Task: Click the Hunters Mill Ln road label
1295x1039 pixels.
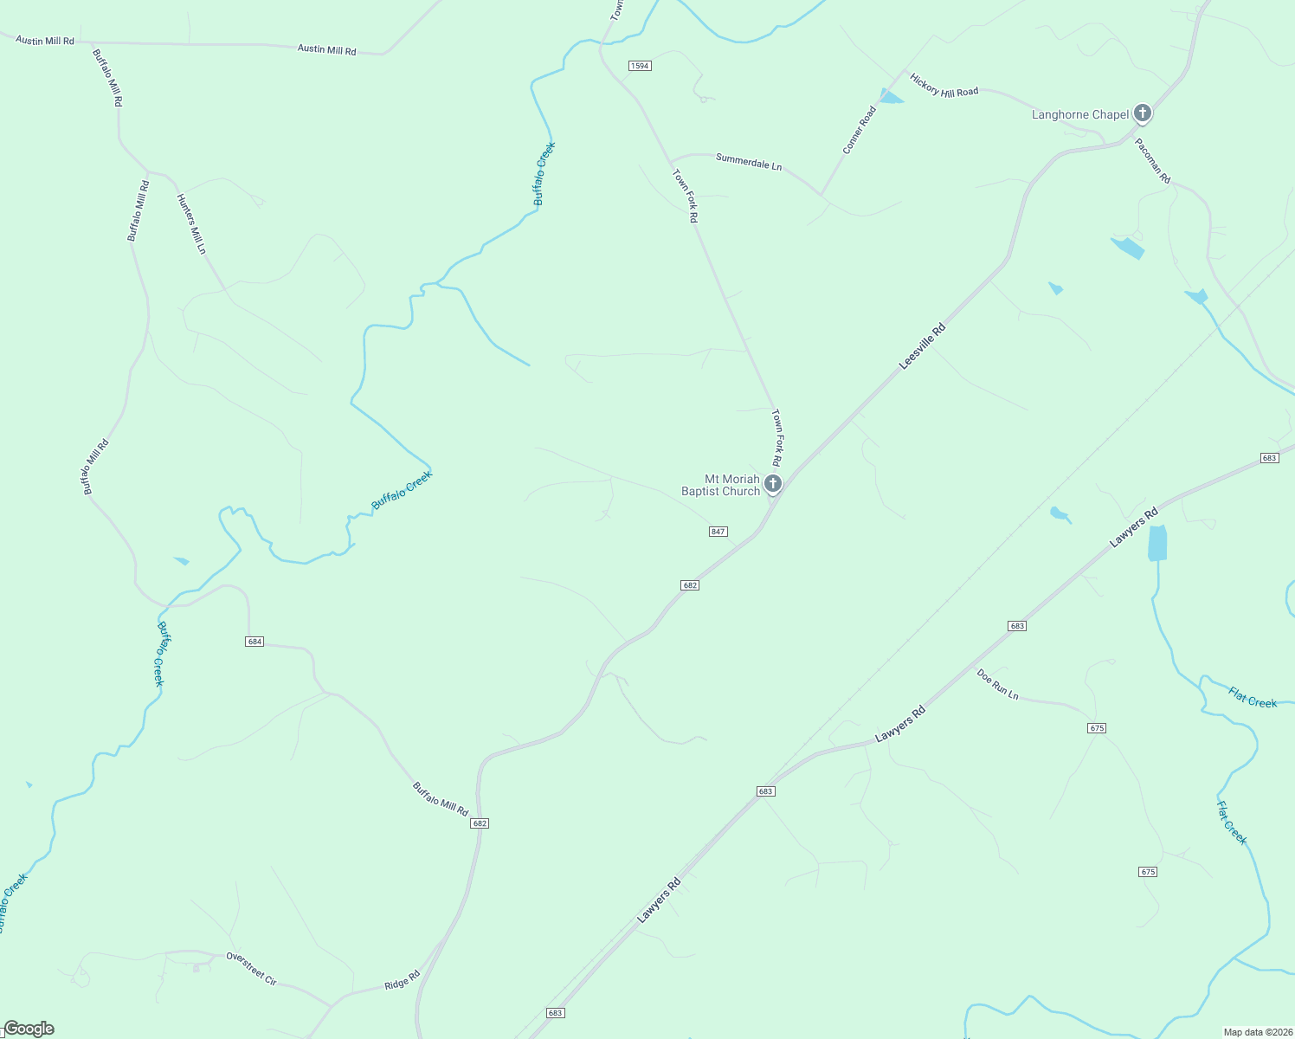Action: point(191,223)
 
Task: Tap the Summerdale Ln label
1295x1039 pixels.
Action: point(749,161)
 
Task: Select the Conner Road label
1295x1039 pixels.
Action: point(860,131)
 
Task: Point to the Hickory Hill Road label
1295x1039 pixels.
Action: point(944,86)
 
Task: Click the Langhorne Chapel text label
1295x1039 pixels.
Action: point(1080,114)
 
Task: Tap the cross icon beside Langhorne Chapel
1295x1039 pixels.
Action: point(1143,113)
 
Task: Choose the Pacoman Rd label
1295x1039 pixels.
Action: point(1152,161)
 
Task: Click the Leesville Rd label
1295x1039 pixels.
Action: point(922,346)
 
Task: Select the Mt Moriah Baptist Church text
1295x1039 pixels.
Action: point(720,485)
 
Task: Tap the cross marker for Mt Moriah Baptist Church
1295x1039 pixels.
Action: point(773,483)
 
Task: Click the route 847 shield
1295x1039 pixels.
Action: point(718,532)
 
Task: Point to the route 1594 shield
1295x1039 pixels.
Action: point(640,66)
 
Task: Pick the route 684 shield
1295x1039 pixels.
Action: point(254,642)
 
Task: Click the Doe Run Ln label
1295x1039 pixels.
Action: point(997,684)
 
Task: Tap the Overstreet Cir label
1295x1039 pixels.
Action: point(251,968)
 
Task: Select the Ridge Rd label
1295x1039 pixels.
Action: point(402,981)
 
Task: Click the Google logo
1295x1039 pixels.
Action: point(29,1029)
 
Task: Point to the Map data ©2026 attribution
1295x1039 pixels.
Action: point(1257,1032)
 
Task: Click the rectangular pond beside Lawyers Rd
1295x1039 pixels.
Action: point(1156,543)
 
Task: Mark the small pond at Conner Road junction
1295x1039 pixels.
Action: point(889,97)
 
